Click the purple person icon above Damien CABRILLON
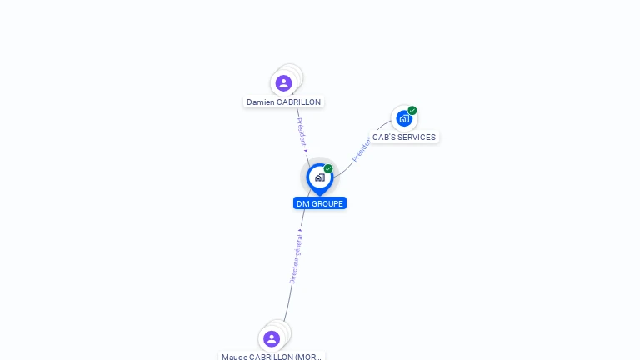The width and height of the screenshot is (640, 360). (283, 83)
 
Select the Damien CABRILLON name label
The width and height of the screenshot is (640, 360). (283, 102)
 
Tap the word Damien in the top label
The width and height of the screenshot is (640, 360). (260, 102)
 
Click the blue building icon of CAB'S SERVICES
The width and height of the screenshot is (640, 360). (404, 118)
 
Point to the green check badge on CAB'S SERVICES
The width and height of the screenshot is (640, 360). (412, 110)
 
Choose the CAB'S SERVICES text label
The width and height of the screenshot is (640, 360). (404, 137)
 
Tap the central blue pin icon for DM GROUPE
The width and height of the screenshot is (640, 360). (319, 177)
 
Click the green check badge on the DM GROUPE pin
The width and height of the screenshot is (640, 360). (328, 168)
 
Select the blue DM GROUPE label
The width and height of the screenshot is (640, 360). (320, 203)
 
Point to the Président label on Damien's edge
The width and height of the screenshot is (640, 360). (302, 131)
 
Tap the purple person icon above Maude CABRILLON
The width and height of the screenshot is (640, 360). (272, 338)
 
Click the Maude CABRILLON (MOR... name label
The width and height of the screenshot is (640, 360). (272, 357)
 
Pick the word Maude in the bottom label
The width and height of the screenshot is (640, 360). (235, 357)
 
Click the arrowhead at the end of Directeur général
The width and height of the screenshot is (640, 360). (300, 230)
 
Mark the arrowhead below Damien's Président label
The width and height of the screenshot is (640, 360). (306, 151)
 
